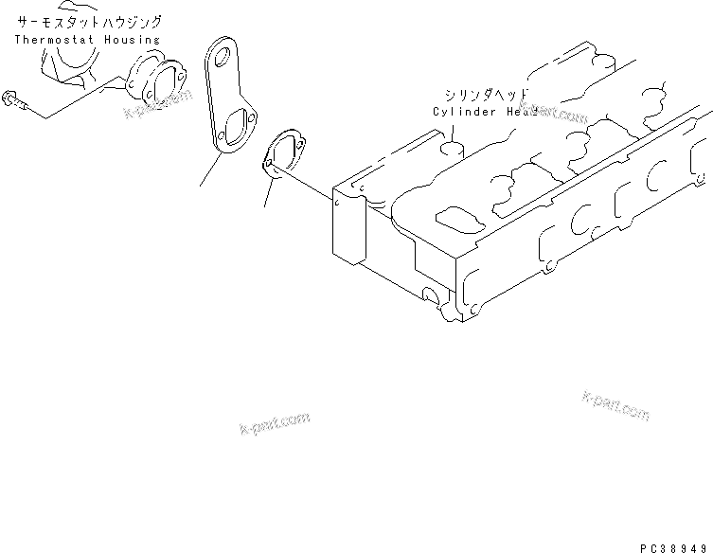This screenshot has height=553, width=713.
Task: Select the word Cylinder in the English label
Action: point(464,112)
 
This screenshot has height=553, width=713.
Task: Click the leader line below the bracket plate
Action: point(209,171)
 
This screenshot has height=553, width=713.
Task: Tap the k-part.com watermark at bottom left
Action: point(275,421)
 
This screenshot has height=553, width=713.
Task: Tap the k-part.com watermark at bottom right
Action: point(615,405)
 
